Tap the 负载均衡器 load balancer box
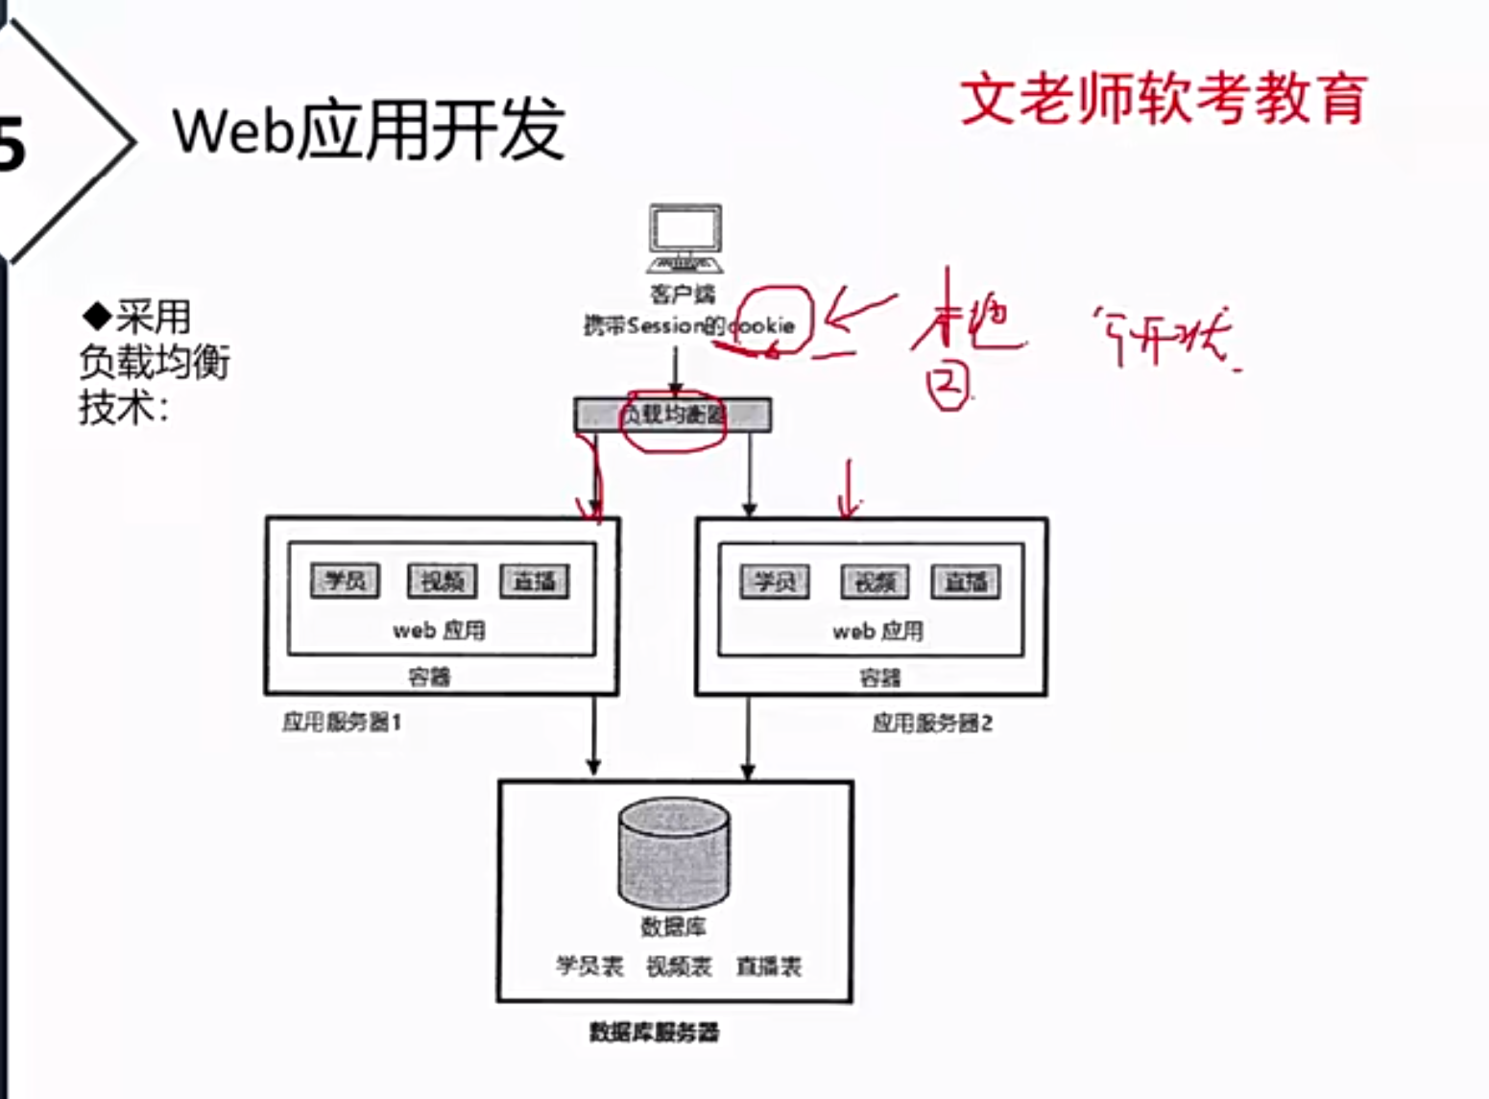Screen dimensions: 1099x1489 (672, 415)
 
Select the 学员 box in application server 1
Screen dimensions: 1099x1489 (345, 581)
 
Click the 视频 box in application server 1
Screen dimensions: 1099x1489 (442, 581)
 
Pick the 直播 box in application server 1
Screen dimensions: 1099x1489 (534, 581)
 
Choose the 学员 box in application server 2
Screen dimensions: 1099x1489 (774, 582)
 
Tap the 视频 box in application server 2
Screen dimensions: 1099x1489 (875, 582)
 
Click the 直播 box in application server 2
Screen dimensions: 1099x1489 (965, 582)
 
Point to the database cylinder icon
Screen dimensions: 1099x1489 (673, 853)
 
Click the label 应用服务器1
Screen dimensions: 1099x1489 (342, 722)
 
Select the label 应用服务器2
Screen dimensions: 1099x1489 (932, 723)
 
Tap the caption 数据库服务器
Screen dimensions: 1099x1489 (654, 1033)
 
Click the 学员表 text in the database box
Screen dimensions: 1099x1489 (589, 966)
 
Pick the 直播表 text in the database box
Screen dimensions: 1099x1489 (768, 966)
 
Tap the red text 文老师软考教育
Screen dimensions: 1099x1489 (1164, 99)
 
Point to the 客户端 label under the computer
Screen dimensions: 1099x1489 (683, 293)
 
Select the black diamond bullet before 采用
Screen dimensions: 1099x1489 (98, 315)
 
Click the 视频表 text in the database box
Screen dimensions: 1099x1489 (679, 966)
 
